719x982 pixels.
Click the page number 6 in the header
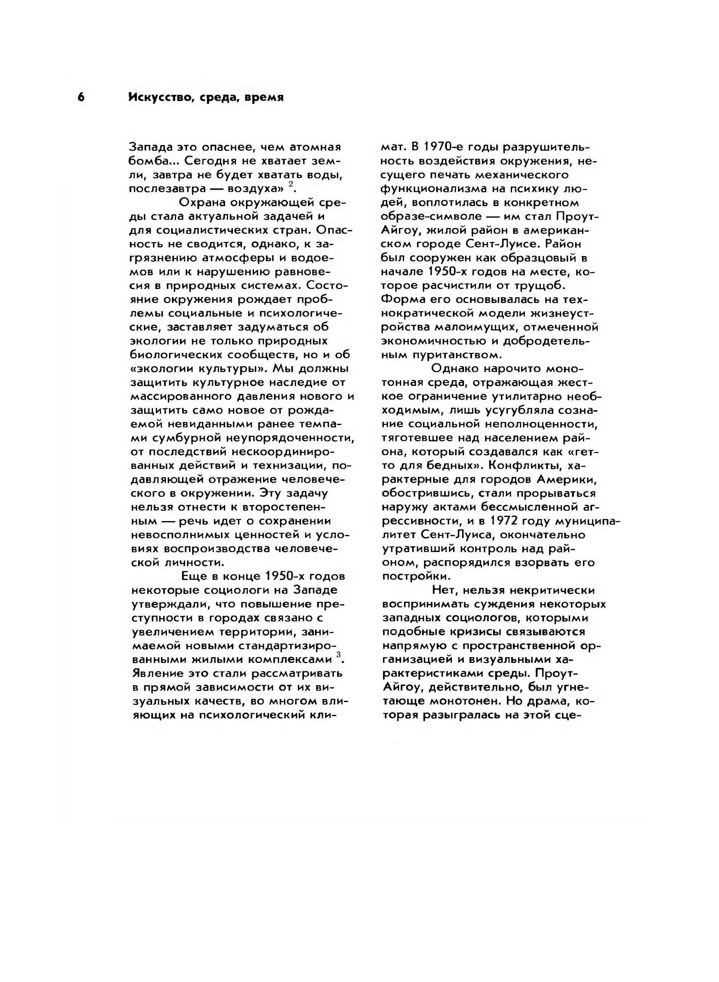pyautogui.click(x=81, y=97)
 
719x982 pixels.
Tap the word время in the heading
pyautogui.click(x=264, y=97)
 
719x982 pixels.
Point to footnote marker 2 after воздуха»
pyautogui.click(x=291, y=184)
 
